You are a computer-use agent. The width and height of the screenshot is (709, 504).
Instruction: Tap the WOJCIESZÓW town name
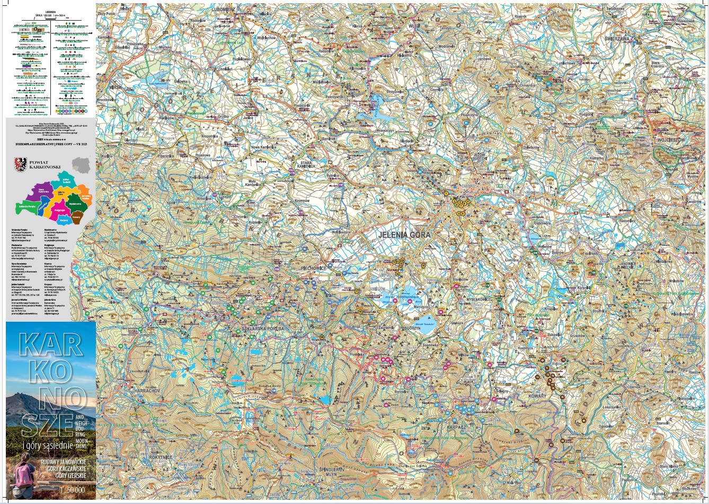pos(670,139)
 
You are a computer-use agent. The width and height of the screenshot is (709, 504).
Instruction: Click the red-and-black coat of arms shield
pos(21,164)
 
